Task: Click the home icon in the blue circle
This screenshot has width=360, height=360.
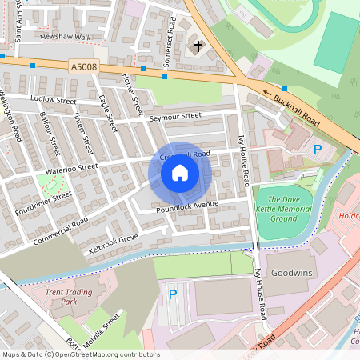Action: coord(180,173)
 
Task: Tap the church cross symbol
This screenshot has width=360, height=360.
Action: coord(198,47)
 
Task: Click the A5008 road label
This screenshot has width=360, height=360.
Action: coord(83,69)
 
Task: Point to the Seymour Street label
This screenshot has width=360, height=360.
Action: coord(175,117)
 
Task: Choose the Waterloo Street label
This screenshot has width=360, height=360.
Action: coord(70,168)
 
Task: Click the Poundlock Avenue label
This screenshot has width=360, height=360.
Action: coord(187,206)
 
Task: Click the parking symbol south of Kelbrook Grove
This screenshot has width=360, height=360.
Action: coord(172,295)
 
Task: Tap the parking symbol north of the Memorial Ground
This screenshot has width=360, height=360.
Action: coord(318,150)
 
